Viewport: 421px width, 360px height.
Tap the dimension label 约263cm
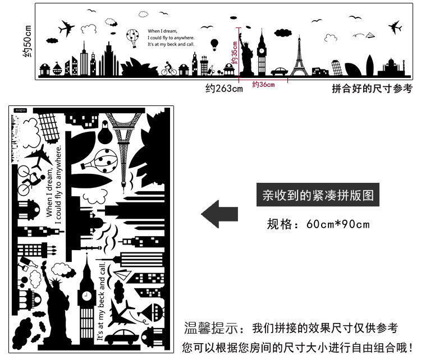click(x=224, y=88)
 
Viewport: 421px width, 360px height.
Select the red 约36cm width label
click(x=263, y=85)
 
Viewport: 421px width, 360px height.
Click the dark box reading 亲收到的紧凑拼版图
click(x=318, y=195)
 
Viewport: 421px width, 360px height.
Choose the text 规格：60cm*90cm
click(x=318, y=225)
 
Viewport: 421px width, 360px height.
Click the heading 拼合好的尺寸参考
click(x=372, y=88)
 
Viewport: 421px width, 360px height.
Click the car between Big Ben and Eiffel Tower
click(x=280, y=71)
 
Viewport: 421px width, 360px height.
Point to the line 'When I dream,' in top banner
click(x=163, y=31)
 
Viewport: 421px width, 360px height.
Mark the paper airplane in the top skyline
click(x=370, y=36)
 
